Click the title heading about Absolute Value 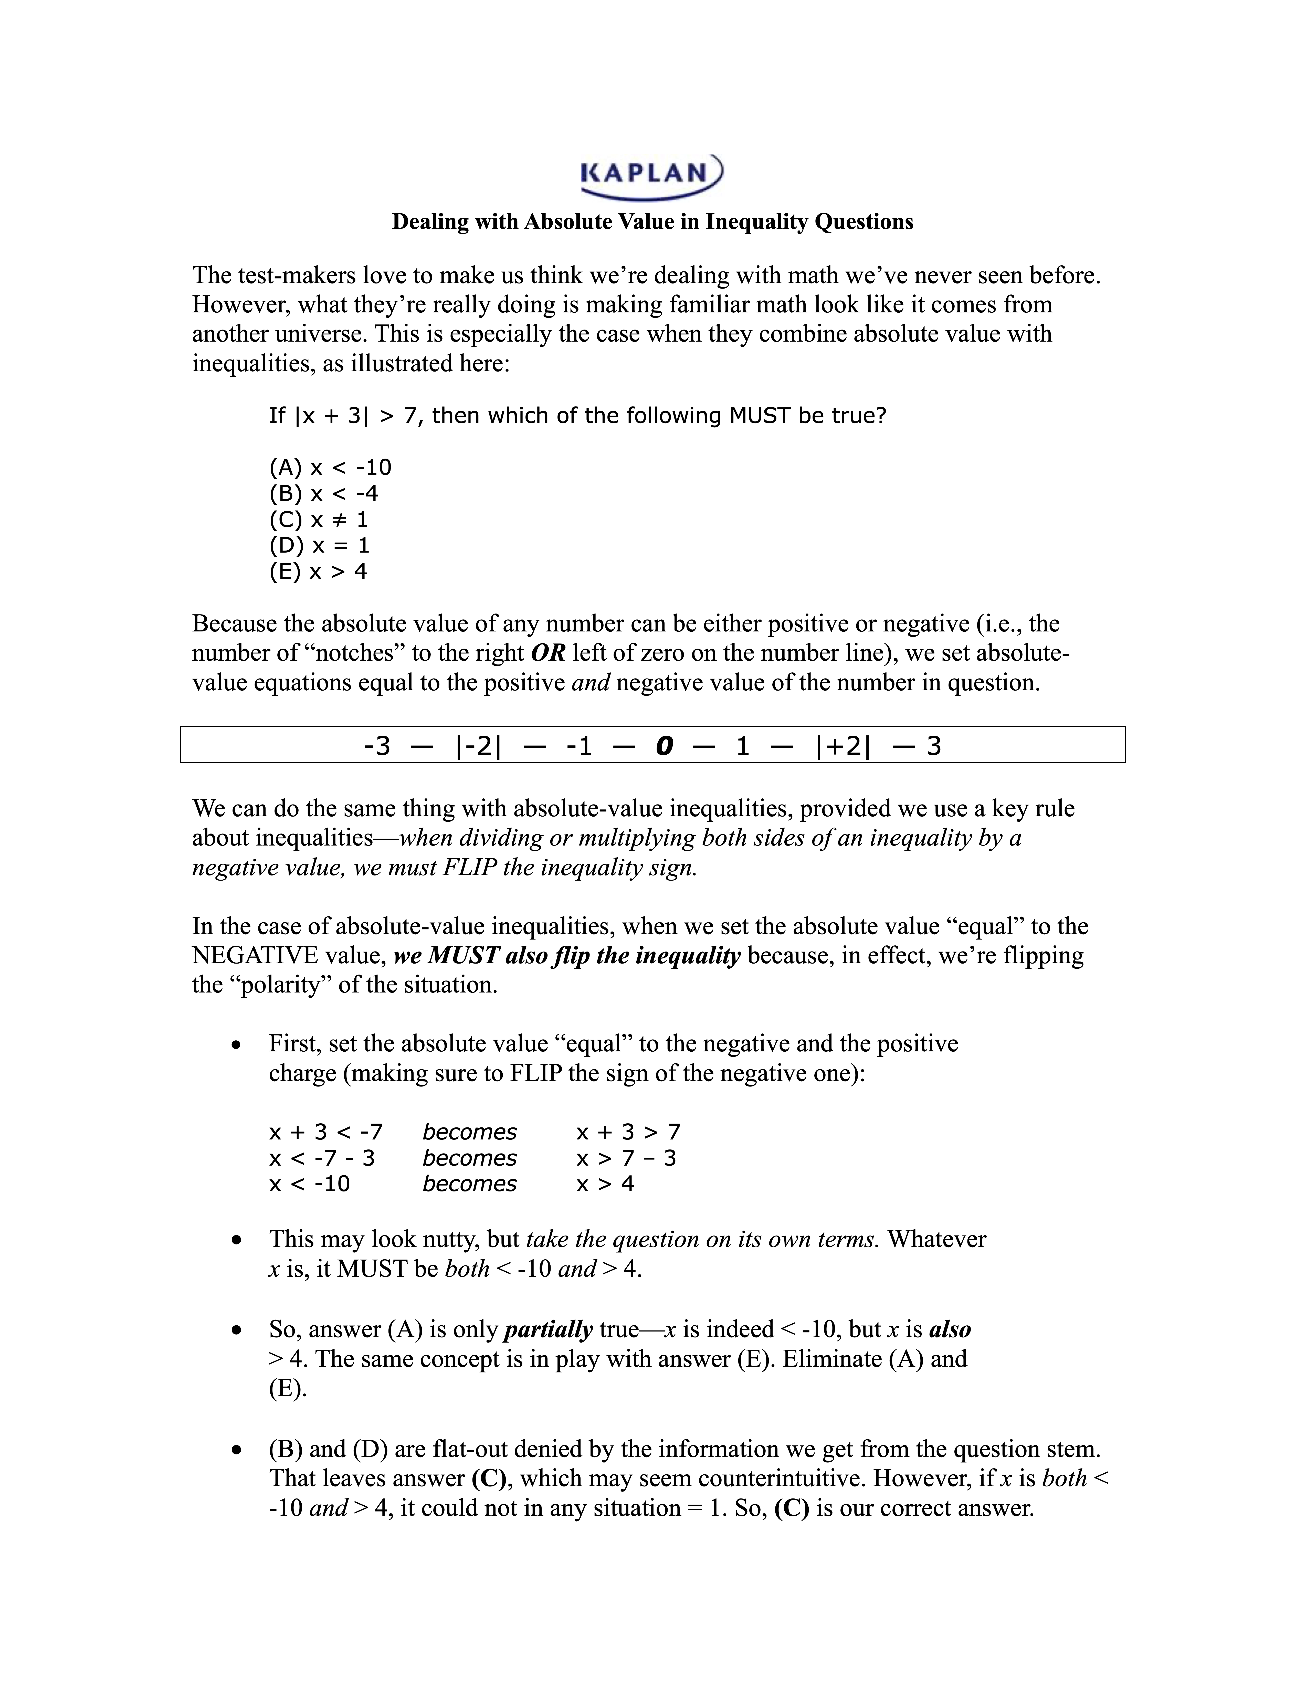pyautogui.click(x=652, y=222)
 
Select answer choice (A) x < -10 pyautogui.click(x=330, y=467)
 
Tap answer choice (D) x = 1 pyautogui.click(x=319, y=545)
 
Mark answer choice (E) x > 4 pyautogui.click(x=318, y=572)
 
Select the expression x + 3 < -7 pyautogui.click(x=326, y=1132)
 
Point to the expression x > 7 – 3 pyautogui.click(x=626, y=1158)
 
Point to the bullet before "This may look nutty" pyautogui.click(x=237, y=1240)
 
